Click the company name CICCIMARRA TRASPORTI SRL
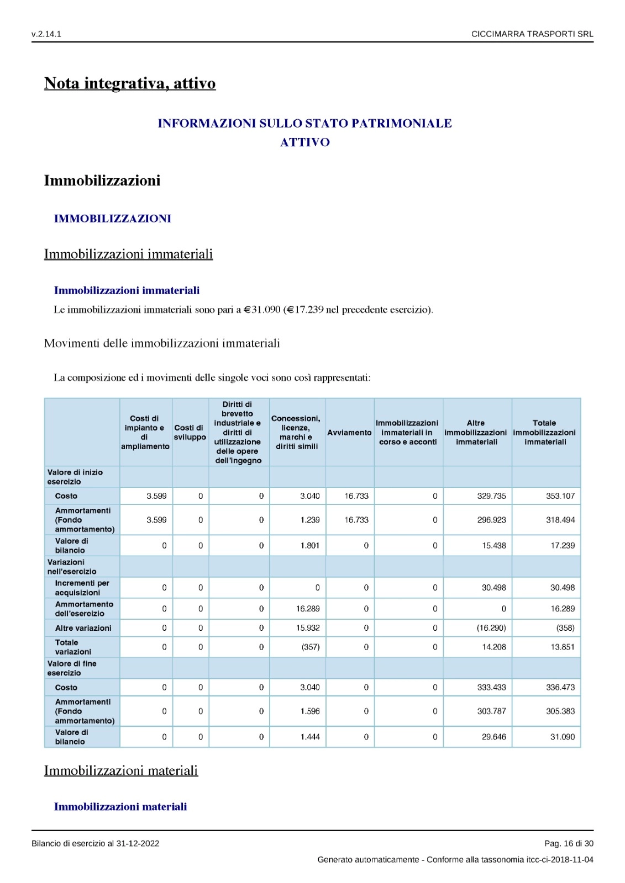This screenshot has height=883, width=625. tap(532, 34)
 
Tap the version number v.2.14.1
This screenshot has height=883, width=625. tap(46, 34)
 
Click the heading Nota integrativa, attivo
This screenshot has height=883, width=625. tap(130, 83)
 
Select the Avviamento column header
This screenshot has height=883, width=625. tap(349, 433)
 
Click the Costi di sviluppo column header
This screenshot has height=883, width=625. tap(190, 433)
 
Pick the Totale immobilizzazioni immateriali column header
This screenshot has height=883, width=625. tap(545, 433)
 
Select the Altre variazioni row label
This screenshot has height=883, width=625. tap(83, 628)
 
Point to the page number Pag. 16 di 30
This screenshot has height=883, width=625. tap(569, 843)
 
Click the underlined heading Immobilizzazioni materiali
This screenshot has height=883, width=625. tap(121, 770)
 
